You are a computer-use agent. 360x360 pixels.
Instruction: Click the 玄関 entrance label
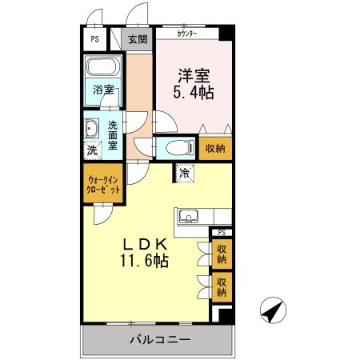[x=138, y=39]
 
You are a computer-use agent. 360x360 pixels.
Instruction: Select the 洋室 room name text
[x=193, y=76]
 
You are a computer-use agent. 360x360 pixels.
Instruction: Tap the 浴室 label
[x=102, y=90]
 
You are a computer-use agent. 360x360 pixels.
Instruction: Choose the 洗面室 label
[x=113, y=135]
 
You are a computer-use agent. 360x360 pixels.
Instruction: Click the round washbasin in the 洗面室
[x=91, y=128]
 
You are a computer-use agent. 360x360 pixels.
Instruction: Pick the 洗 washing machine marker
[x=91, y=150]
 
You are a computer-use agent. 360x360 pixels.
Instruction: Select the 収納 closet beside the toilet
[x=215, y=148]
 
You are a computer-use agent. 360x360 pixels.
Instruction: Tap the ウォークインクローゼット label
[x=104, y=185]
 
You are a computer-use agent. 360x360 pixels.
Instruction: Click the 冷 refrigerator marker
[x=185, y=173]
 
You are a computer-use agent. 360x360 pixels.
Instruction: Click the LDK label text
[x=146, y=244]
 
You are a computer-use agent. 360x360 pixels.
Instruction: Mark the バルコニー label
[x=160, y=341]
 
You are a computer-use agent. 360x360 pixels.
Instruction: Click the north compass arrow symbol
[x=273, y=310]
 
